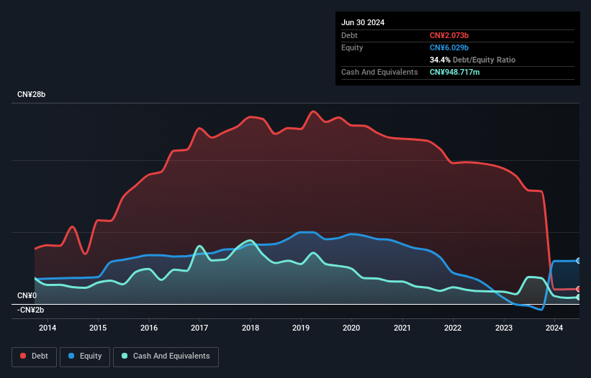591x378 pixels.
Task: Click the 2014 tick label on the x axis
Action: click(48, 328)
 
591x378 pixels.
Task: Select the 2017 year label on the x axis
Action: click(199, 328)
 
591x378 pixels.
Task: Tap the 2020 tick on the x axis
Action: click(351, 328)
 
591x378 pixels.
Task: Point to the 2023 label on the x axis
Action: click(504, 328)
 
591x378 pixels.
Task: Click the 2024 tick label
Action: click(554, 328)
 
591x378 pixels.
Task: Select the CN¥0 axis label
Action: click(27, 295)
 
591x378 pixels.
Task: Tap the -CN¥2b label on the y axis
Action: click(30, 310)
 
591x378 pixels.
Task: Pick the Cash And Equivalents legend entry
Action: click(166, 356)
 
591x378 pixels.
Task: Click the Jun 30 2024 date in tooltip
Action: click(363, 22)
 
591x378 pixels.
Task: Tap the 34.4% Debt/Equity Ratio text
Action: click(472, 60)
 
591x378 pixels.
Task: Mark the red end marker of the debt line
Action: click(579, 289)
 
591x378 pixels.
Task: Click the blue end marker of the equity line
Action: click(579, 261)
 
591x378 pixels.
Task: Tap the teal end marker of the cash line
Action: click(579, 297)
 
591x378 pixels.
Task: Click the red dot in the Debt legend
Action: click(23, 356)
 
